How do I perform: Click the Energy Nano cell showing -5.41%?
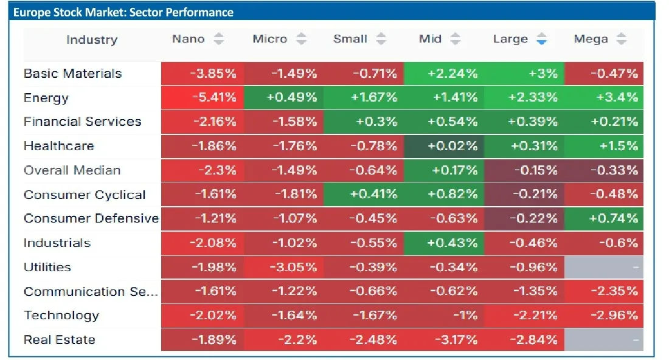coord(203,97)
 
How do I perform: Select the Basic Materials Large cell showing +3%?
coord(524,74)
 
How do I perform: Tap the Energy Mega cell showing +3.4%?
coord(604,97)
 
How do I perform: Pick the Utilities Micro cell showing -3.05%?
coord(284,267)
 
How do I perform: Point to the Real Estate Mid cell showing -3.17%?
coord(444,339)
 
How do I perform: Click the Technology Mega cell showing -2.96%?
coord(604,315)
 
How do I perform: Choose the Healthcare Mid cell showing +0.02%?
coord(444,146)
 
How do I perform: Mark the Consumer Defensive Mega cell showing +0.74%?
coord(604,218)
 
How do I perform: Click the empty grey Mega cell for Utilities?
coord(604,267)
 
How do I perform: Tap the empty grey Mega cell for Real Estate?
coord(604,339)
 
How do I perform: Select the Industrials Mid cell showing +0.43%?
coord(444,243)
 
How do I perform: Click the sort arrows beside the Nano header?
coord(219,39)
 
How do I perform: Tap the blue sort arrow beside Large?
coord(542,40)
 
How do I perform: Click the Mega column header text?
coord(591,39)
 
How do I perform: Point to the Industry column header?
coord(92,40)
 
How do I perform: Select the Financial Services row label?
coord(82,122)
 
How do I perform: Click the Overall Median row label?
coord(72,170)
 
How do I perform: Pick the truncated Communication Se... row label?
coord(91,291)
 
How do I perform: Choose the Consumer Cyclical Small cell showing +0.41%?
coord(364,195)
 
